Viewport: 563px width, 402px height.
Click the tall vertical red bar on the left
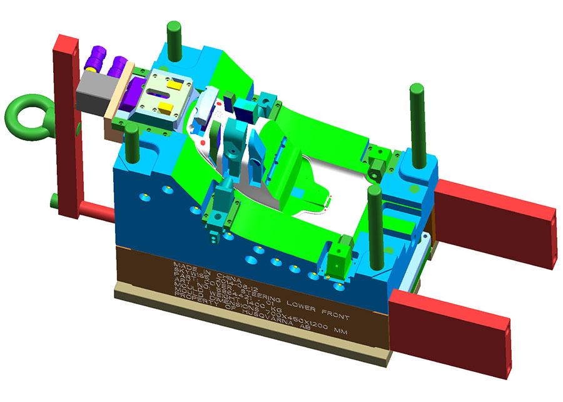pyautogui.click(x=67, y=125)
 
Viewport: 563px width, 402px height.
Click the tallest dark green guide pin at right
pyautogui.click(x=415, y=119)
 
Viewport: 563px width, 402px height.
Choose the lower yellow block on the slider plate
pyautogui.click(x=166, y=108)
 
